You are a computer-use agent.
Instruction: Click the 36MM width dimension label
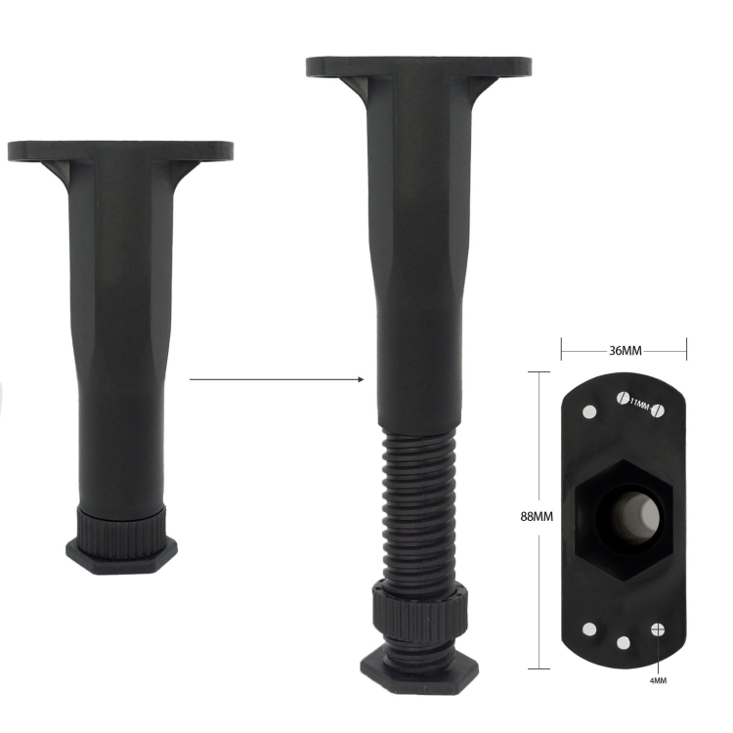[625, 350]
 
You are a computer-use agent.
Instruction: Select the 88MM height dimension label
[537, 516]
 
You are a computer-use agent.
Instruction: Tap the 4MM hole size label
[658, 680]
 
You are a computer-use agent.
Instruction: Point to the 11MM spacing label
[640, 405]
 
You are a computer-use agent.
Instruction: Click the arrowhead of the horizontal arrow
[361, 379]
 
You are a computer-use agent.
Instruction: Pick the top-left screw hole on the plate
[589, 412]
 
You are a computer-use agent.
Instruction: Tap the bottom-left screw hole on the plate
[590, 629]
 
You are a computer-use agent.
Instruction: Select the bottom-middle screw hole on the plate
[624, 643]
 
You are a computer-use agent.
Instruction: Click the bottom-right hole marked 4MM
[658, 629]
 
